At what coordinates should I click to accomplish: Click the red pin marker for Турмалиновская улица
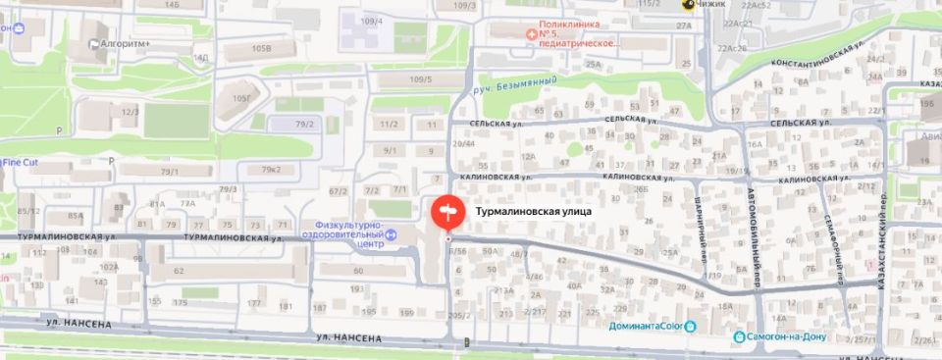(x=445, y=211)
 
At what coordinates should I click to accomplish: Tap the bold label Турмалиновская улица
(x=534, y=209)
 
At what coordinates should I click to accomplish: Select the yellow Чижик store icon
(x=690, y=4)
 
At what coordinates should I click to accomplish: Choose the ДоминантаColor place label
(x=647, y=326)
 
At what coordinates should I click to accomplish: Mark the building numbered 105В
(x=260, y=47)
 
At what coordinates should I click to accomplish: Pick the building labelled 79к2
(x=272, y=170)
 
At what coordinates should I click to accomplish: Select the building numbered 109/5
(x=421, y=79)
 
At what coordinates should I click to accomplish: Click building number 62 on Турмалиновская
(x=180, y=270)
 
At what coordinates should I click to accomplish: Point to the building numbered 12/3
(x=130, y=112)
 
